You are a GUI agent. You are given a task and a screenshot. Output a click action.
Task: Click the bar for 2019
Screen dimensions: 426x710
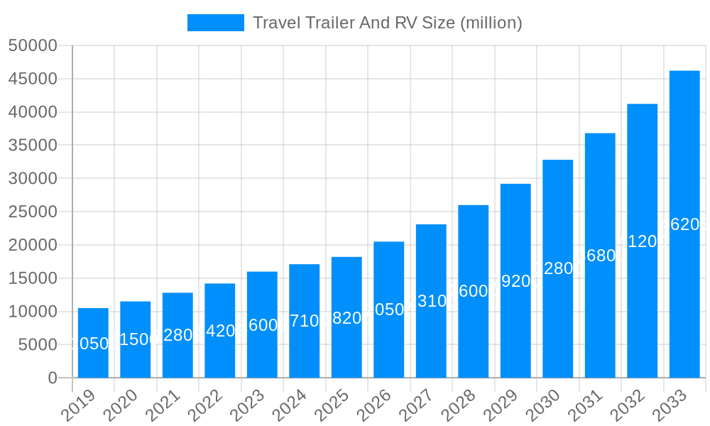coord(93,343)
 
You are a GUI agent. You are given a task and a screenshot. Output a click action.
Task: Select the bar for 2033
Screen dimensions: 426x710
coord(684,224)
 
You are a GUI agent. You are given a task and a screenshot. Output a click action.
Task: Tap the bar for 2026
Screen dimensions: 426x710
coord(389,310)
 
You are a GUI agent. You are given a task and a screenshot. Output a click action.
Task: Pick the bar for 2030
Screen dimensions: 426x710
coord(558,269)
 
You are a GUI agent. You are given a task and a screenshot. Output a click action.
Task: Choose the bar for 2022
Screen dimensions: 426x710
coord(220,331)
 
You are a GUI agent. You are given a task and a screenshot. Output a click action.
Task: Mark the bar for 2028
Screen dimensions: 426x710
coord(474,292)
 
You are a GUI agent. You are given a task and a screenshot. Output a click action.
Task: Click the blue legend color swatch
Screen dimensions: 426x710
coord(215,23)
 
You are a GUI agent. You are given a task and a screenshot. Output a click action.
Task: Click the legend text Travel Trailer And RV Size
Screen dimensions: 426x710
coord(388,23)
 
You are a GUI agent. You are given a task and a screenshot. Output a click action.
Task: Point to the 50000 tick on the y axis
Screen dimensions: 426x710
coord(33,45)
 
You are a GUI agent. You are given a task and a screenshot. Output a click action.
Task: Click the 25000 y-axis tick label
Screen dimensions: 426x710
coord(33,212)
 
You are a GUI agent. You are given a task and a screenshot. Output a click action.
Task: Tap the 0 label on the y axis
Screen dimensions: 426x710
coord(53,378)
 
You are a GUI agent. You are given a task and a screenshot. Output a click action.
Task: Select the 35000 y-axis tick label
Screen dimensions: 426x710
coord(33,146)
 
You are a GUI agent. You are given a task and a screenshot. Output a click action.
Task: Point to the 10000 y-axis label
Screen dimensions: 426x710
coord(33,312)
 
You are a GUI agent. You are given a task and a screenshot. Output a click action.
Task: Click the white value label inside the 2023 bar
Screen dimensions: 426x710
coord(262,325)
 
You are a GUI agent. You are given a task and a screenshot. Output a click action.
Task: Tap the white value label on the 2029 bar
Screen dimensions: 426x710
coord(515,281)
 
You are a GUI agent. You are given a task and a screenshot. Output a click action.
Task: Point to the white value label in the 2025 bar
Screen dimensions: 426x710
coord(346,318)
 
